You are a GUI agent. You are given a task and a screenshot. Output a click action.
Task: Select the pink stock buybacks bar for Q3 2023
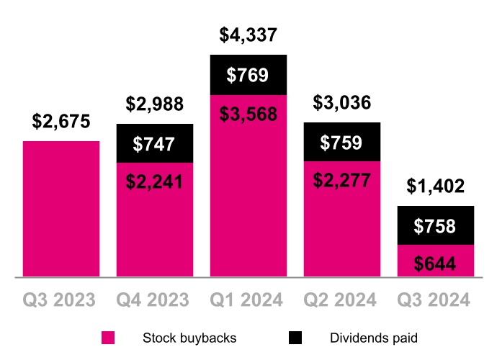[61, 209]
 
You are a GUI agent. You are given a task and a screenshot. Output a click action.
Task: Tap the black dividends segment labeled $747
[155, 144]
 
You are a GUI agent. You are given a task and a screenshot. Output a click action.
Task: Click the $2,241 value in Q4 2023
[155, 181]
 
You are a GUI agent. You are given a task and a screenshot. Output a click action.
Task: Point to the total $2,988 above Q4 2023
[155, 104]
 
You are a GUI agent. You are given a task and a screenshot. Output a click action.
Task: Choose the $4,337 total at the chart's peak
[248, 35]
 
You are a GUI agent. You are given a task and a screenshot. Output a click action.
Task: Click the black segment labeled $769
[248, 75]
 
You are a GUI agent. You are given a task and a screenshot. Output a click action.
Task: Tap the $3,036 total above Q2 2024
[342, 102]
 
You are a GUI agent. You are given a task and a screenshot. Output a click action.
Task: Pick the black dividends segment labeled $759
[342, 142]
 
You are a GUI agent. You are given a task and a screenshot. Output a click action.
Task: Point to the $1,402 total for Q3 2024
[436, 186]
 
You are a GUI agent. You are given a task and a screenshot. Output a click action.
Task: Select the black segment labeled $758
[436, 226]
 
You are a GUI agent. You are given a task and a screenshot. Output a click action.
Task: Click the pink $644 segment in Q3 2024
[436, 262]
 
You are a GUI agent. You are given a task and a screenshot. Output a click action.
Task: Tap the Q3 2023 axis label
[61, 300]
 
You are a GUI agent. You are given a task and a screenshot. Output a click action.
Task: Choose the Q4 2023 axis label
[155, 300]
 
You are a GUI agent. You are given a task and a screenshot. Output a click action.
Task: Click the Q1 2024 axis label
[248, 300]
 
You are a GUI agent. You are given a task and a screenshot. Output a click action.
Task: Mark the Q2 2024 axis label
[342, 300]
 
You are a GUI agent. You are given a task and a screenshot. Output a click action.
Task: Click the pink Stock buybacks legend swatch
[108, 338]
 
